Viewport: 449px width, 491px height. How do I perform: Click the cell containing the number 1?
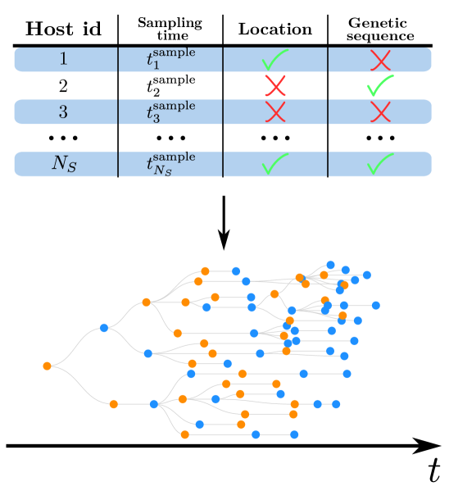[65, 59]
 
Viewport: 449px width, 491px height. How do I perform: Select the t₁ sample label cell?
[170, 59]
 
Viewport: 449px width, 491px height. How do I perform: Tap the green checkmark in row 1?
[274, 60]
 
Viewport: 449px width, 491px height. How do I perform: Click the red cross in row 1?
[379, 60]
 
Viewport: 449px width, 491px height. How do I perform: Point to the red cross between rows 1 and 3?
[275, 85]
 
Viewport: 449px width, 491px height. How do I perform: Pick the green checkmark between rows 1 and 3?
[379, 85]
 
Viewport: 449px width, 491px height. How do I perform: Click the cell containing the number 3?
[65, 111]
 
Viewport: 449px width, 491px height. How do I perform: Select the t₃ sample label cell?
[170, 111]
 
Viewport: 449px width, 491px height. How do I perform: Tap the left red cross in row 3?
[275, 111]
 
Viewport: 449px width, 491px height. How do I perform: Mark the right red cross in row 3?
[379, 111]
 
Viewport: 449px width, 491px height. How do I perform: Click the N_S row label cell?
[65, 164]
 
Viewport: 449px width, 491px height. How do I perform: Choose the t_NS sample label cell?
[170, 164]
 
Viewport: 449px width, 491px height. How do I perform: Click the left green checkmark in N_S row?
[274, 165]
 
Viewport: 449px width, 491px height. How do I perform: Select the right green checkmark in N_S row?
[379, 165]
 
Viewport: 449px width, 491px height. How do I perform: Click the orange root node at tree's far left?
[47, 366]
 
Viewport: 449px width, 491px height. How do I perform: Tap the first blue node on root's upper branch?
[104, 328]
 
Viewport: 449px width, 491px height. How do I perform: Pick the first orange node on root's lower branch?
[113, 403]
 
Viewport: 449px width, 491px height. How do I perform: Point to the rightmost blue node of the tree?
[376, 305]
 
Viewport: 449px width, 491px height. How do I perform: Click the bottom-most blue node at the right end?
[294, 434]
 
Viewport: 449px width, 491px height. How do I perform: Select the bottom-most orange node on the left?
[184, 434]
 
